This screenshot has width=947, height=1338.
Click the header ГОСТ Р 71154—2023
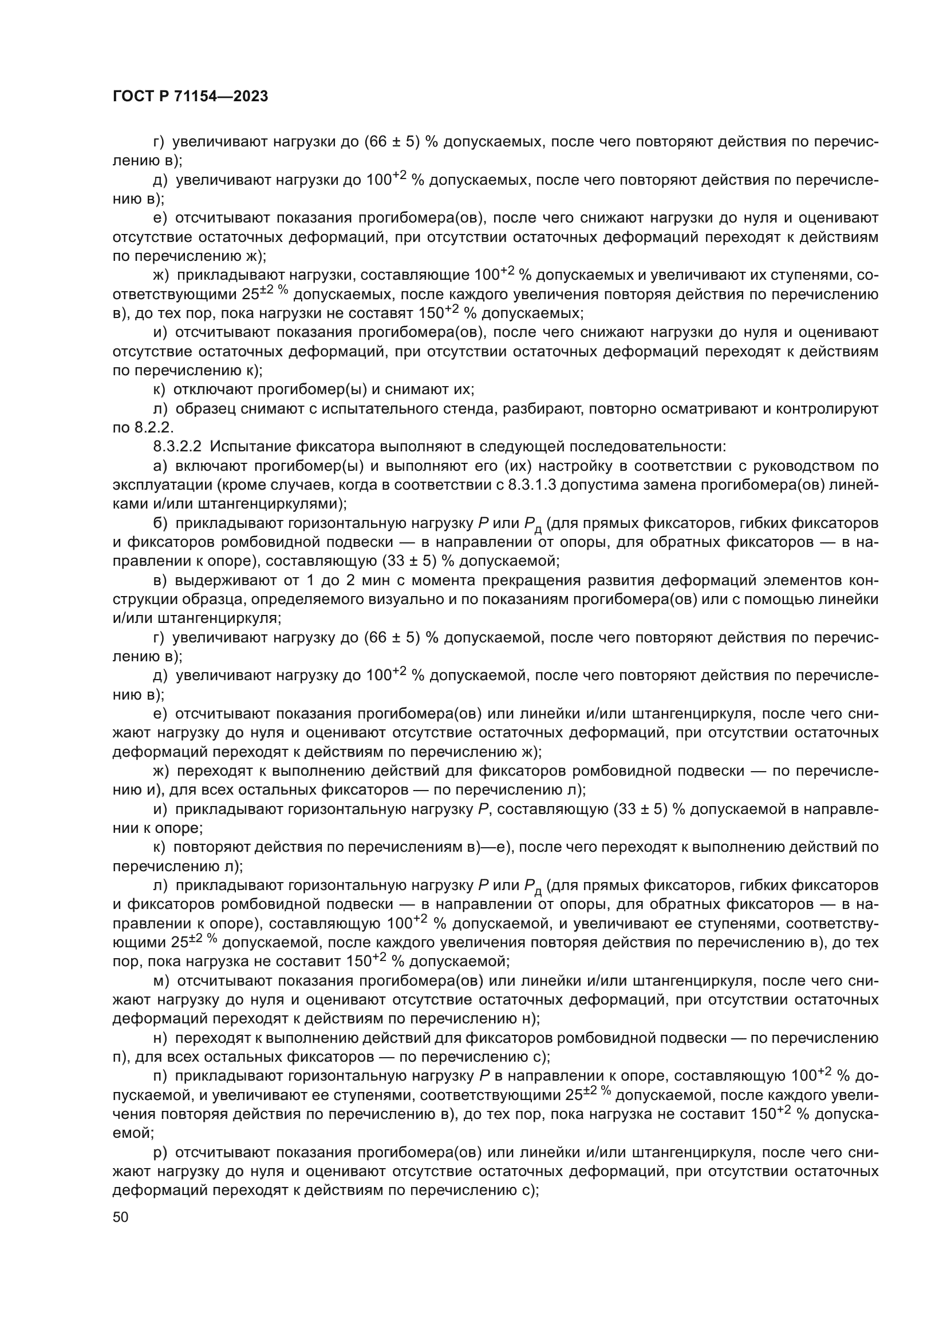[x=190, y=97]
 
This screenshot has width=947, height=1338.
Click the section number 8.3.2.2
[x=177, y=447]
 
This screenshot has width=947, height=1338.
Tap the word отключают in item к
[x=214, y=390]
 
